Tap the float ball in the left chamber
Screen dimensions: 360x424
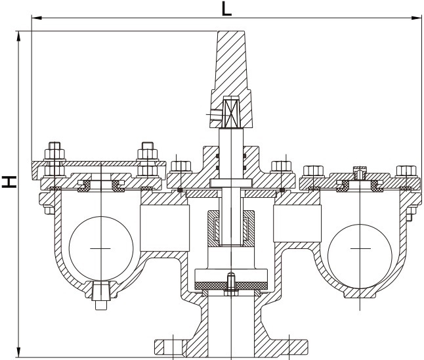point(99,248)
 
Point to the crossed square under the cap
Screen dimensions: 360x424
point(232,112)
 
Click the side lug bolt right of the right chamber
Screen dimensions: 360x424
point(410,214)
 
